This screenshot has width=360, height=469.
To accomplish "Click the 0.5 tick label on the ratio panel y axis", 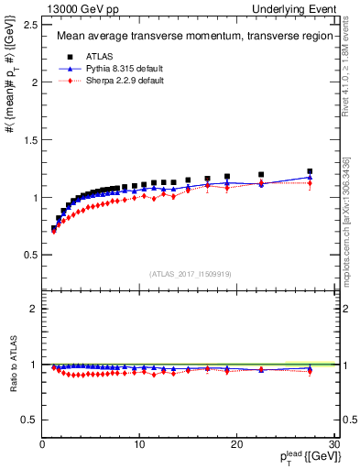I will pos(29,420).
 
